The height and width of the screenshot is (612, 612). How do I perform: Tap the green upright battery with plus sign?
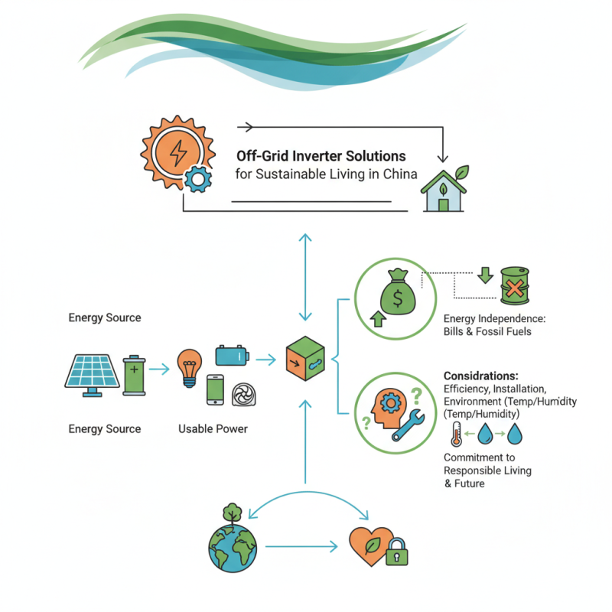click(x=133, y=374)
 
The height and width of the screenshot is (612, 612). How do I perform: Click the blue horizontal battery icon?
click(x=232, y=356)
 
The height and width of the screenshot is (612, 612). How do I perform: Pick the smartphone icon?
click(x=215, y=389)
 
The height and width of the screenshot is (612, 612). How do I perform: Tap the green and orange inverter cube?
click(x=304, y=359)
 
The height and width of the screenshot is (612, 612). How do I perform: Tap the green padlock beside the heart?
click(x=396, y=553)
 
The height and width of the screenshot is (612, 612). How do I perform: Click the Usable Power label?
click(x=213, y=429)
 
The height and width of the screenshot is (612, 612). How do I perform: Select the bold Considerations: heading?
click(x=481, y=376)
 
